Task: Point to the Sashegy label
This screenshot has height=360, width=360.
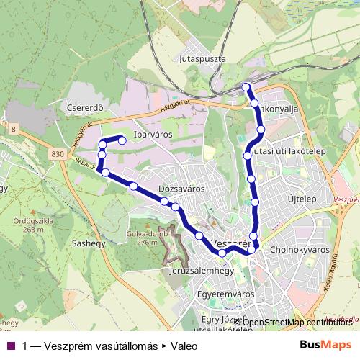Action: tap(89, 243)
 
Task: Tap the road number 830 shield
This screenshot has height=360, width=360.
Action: tap(58, 154)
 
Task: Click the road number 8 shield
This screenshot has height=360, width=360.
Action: tap(13, 128)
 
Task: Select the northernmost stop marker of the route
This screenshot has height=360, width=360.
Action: tap(246, 87)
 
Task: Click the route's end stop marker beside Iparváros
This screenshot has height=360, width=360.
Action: tap(122, 140)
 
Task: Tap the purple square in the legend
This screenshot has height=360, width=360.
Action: tap(9, 346)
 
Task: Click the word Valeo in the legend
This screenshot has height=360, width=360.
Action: tap(184, 346)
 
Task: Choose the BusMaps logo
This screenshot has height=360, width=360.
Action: tap(326, 344)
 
